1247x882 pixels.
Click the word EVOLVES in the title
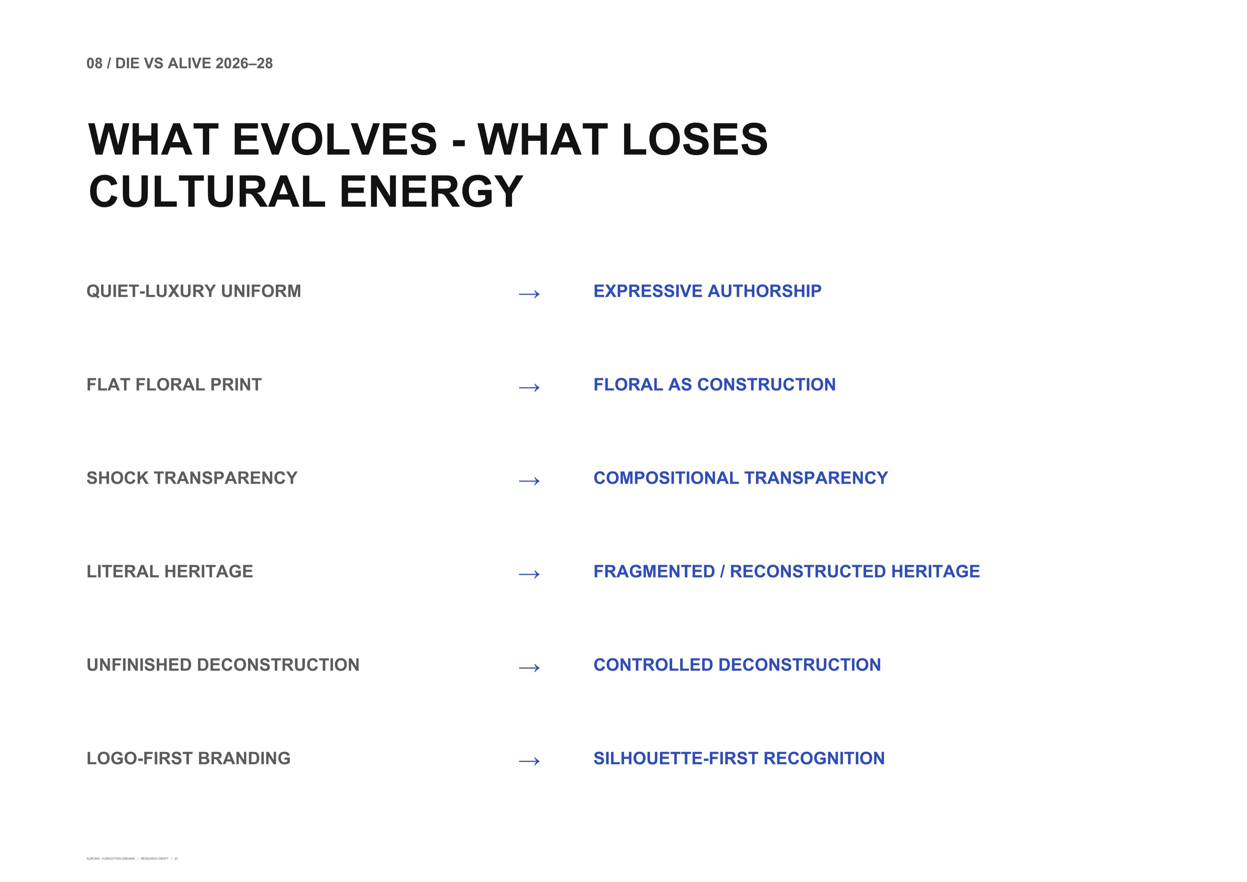pos(335,139)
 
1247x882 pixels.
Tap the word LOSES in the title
pos(695,139)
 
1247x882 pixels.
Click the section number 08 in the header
pos(95,64)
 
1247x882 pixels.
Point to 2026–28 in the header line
pos(244,64)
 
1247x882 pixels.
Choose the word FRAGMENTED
pos(654,572)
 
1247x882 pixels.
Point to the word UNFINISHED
pos(139,665)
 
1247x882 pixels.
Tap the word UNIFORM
pos(261,291)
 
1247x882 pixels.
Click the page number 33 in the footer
pos(176,859)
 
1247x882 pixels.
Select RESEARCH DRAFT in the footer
pos(154,859)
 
